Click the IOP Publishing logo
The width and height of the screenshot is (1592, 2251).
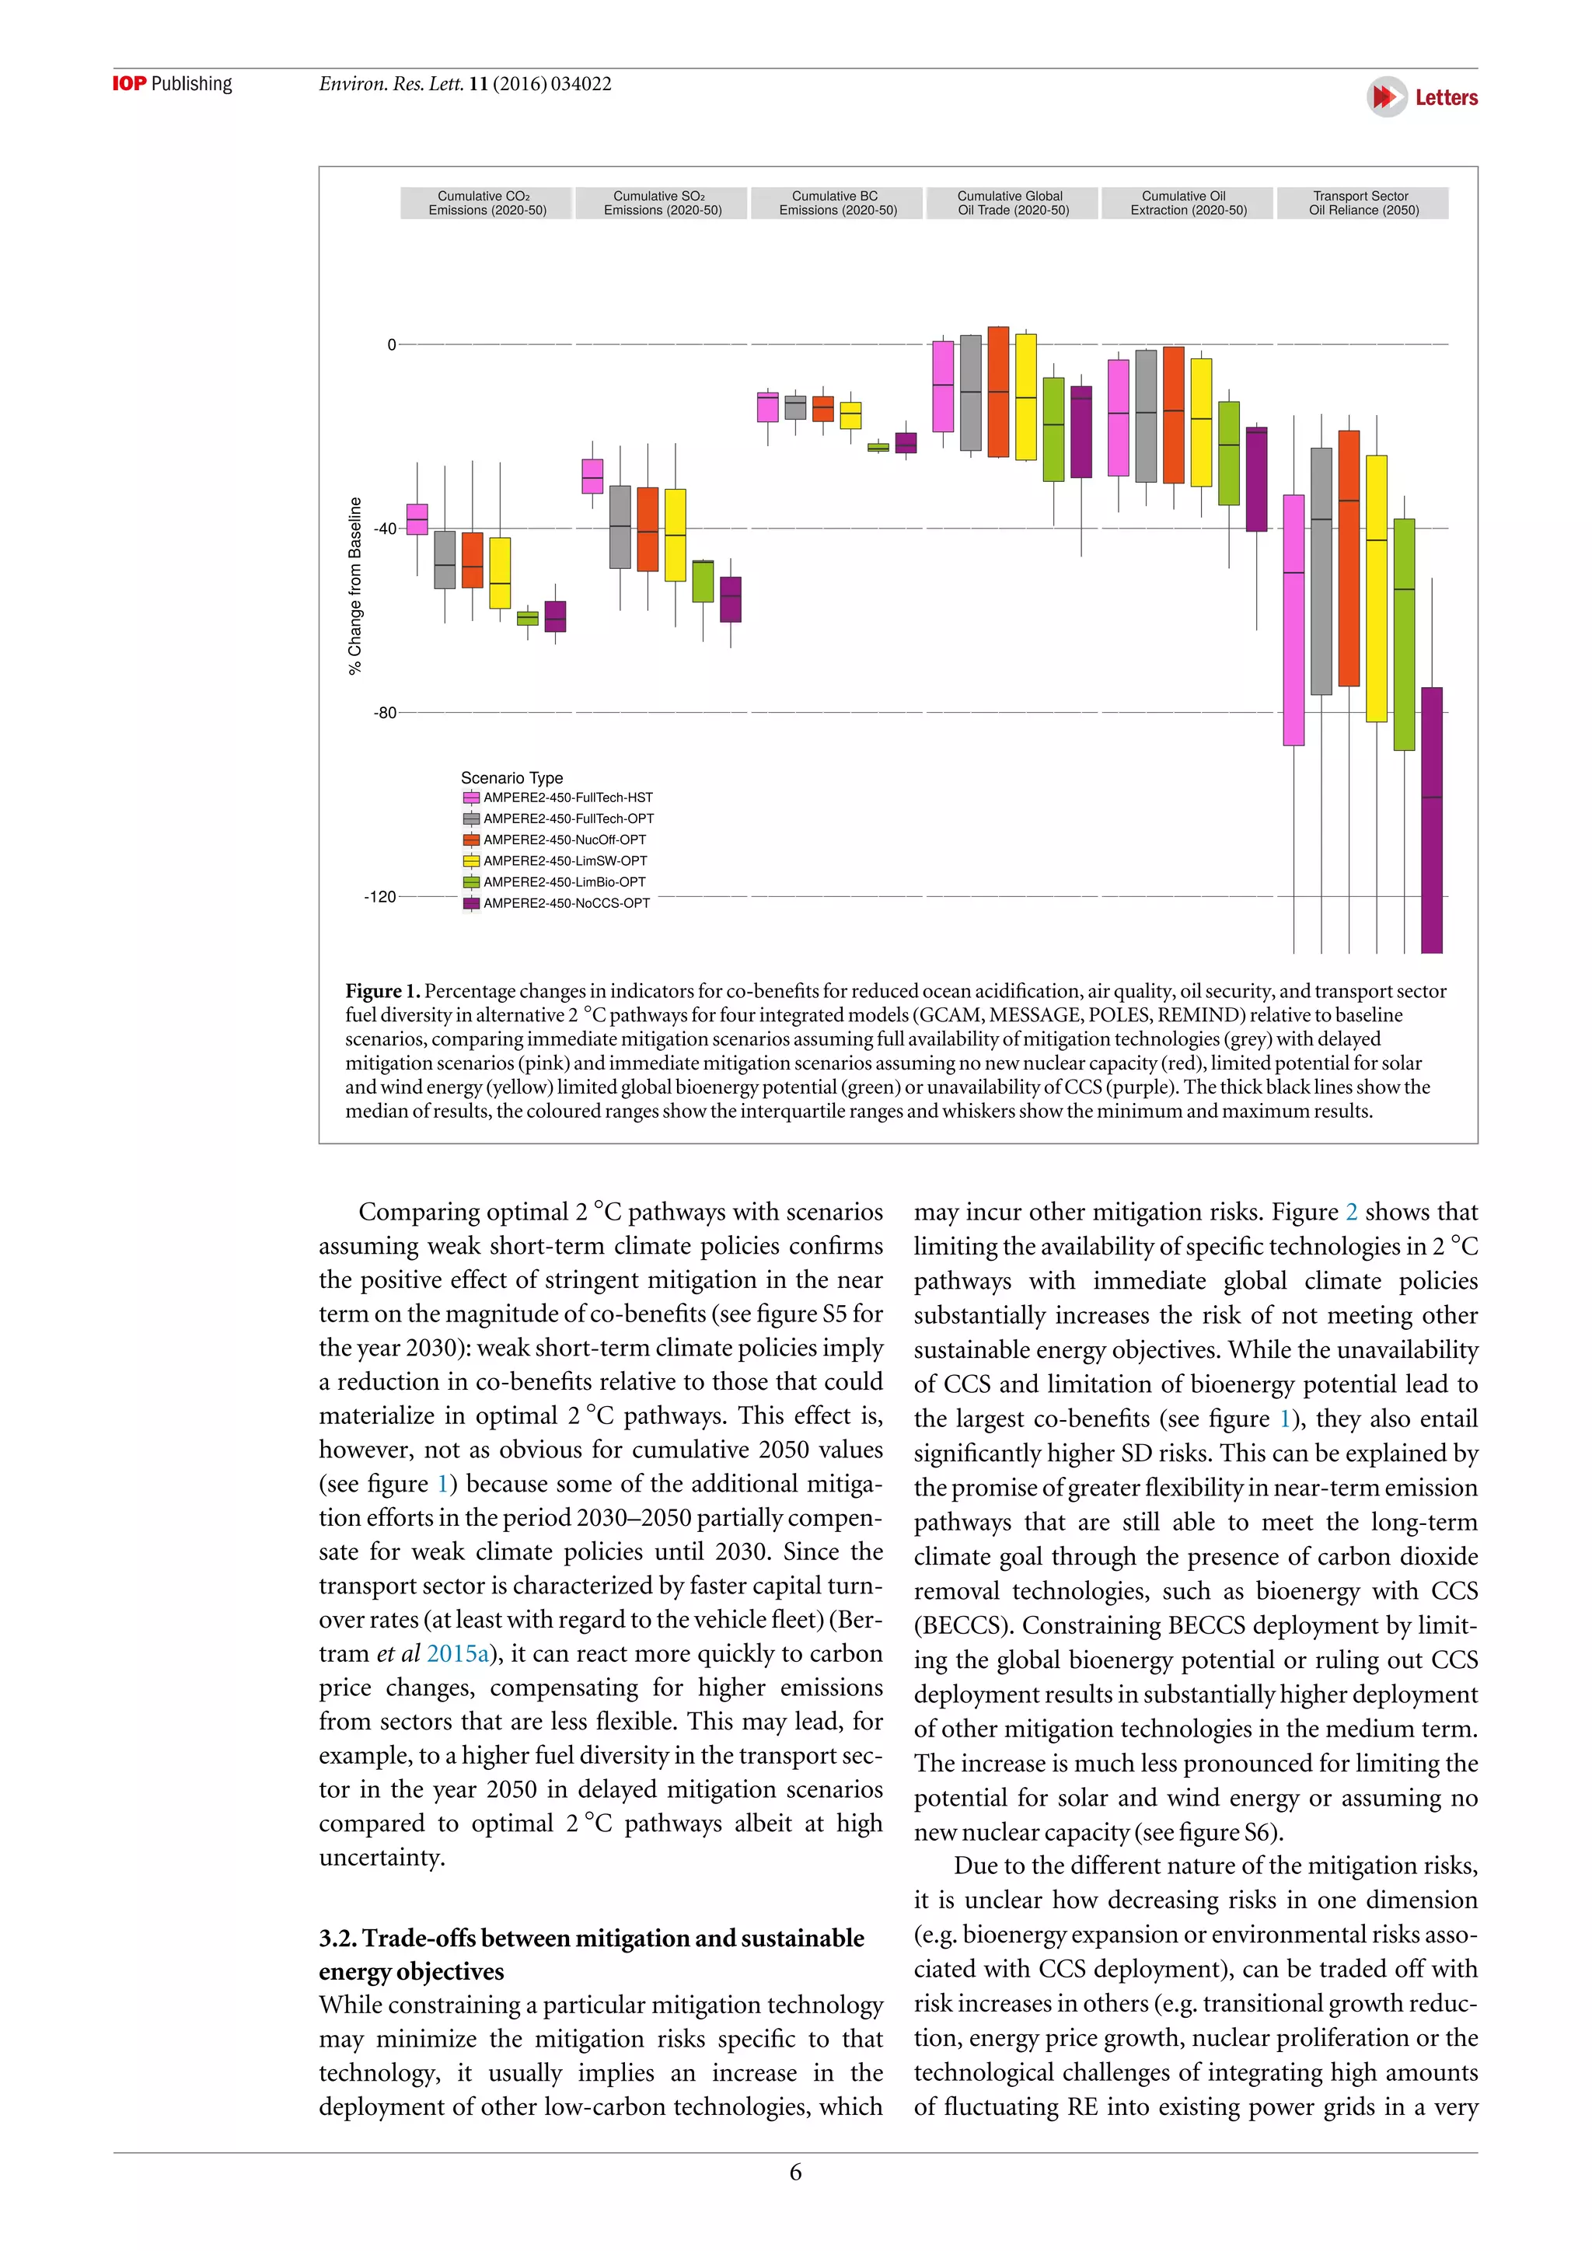pos(172,84)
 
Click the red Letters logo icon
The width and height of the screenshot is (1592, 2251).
pos(1386,97)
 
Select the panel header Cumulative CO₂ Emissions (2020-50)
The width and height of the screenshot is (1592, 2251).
pos(486,203)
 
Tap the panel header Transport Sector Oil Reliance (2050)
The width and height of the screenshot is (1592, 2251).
pos(1363,203)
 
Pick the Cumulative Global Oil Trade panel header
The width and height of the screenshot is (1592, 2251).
pos(1011,203)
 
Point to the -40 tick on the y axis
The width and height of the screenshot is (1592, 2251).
pos(386,529)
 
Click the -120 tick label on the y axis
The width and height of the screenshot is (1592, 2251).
pos(380,897)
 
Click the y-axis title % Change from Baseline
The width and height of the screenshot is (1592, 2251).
pos(355,585)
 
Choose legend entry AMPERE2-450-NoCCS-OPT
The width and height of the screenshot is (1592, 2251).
pos(566,903)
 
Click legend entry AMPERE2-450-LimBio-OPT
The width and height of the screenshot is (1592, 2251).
pos(564,882)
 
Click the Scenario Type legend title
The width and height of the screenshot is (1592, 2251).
pos(511,777)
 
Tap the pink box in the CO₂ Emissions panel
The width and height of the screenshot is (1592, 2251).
pos(417,518)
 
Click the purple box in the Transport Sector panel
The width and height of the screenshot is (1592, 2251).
pos(1431,818)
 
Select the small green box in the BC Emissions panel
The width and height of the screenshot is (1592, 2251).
pos(878,447)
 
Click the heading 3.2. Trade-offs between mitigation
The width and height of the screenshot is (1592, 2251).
pos(591,1939)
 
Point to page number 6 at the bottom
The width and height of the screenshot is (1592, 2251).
pos(795,2172)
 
